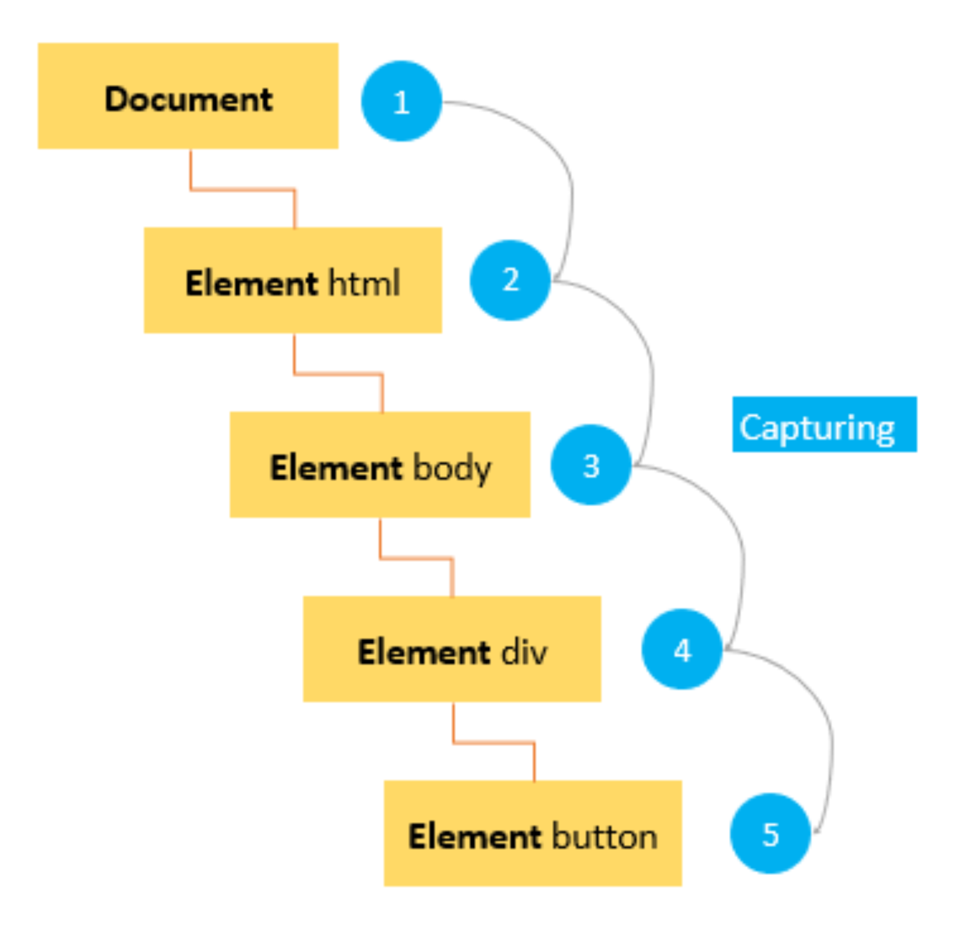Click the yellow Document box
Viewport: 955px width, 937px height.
pos(188,96)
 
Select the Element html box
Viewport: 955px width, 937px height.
pos(292,280)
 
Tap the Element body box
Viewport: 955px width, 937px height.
pos(380,465)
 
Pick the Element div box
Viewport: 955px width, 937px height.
pos(452,649)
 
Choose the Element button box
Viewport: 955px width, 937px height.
pos(532,833)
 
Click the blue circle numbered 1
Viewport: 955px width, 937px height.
pos(401,101)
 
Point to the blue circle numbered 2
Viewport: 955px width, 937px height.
pos(510,280)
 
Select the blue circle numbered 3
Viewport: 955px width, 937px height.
pos(591,465)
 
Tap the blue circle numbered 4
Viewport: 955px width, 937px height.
pos(682,649)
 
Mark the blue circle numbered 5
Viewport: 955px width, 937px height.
pos(770,833)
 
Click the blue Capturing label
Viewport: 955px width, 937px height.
pos(824,424)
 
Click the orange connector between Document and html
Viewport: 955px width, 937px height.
pos(243,189)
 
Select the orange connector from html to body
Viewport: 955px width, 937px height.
pos(338,374)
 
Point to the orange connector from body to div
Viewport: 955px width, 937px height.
pos(416,558)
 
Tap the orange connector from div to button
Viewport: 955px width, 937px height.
pos(494,743)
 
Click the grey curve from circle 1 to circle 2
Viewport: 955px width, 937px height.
pos(570,189)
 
